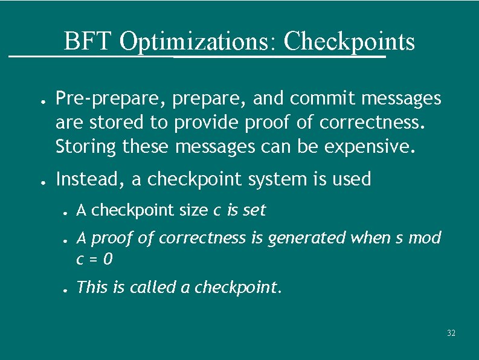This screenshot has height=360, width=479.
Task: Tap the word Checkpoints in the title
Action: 349,42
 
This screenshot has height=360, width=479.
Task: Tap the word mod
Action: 425,238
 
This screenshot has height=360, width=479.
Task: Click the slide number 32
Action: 451,333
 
